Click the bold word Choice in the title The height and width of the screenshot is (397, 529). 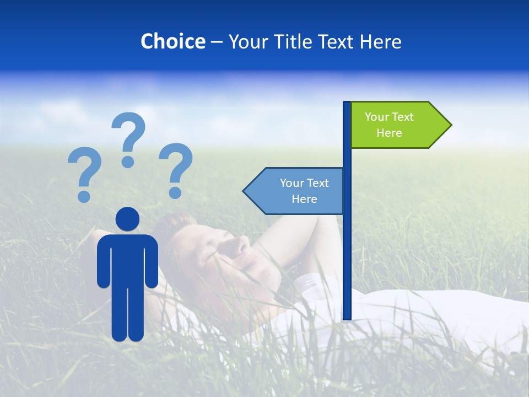coord(172,41)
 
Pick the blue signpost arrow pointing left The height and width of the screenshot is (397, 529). coord(295,191)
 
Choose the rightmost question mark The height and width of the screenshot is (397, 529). coord(176,166)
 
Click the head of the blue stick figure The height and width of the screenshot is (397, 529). coord(128,219)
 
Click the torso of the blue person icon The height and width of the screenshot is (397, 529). coord(128,259)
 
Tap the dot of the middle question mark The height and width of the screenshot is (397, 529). coord(128,161)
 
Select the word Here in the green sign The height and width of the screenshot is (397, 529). coord(389,133)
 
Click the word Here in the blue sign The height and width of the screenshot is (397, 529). coord(304,199)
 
